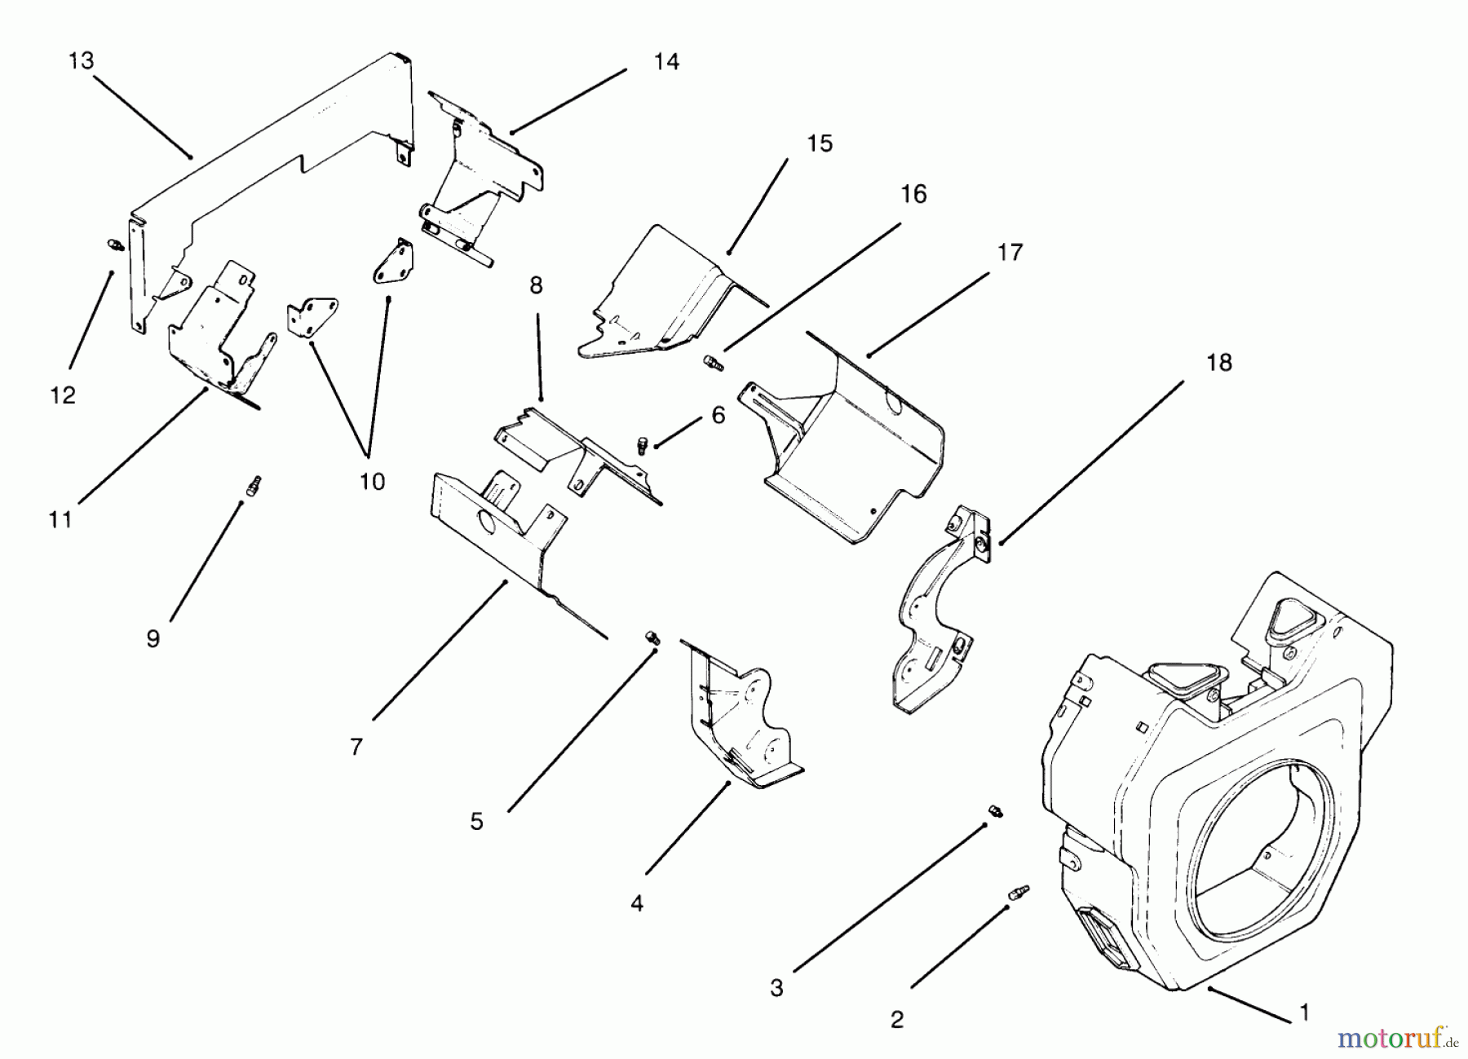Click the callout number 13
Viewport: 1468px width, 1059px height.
tap(82, 61)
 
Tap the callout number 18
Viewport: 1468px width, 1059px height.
tap(1218, 363)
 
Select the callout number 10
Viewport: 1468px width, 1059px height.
tap(372, 481)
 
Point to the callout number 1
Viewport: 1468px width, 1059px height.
tap(1303, 1013)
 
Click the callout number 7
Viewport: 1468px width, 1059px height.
tap(356, 747)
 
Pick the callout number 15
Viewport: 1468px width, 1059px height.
tap(820, 143)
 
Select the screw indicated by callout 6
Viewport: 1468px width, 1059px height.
tap(642, 444)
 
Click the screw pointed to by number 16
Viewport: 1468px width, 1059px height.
tap(712, 361)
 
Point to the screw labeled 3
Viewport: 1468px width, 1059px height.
tap(995, 810)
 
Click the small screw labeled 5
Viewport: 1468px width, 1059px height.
tap(652, 638)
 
